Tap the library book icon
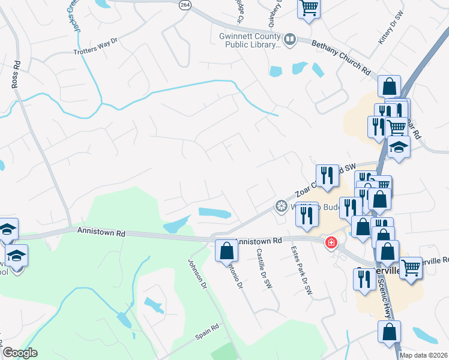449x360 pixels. point(290,40)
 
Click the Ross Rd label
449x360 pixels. point(16,74)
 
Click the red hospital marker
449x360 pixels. point(330,243)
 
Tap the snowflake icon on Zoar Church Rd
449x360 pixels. point(280,206)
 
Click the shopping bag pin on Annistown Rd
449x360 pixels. point(226,250)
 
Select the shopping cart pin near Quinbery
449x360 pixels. point(309,8)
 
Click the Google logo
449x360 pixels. point(20,352)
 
